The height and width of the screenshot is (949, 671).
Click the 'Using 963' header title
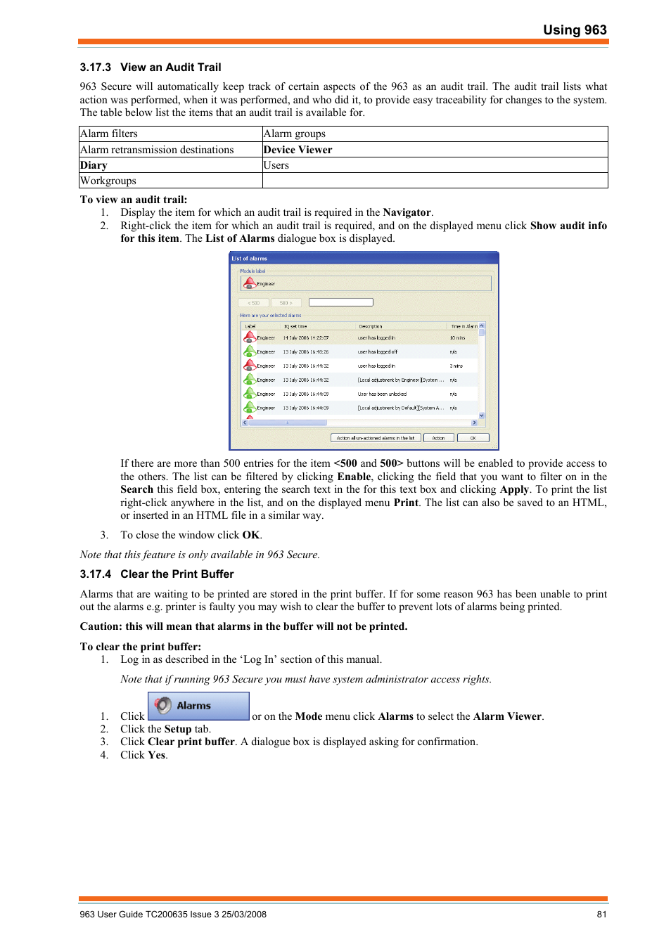574,30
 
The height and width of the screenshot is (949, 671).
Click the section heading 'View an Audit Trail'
170,67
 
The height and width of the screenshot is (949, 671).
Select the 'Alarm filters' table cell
109,134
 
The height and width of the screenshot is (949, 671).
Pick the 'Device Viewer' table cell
298,150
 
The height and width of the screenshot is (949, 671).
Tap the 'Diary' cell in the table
94,165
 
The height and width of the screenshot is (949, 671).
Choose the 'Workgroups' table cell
108,181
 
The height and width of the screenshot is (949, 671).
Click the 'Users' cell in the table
276,165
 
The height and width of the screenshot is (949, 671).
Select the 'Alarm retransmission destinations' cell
157,150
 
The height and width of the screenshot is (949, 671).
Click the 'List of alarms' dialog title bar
364,258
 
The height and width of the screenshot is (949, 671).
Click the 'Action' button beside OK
438,438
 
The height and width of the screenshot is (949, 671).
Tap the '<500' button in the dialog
254,303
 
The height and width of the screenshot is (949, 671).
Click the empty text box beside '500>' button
340,302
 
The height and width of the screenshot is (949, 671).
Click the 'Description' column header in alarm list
371,326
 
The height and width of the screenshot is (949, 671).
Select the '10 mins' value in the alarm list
457,338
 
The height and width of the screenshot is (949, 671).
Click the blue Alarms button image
198,706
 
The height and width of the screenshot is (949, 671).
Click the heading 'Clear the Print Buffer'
177,574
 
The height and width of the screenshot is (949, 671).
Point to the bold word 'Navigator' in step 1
407,212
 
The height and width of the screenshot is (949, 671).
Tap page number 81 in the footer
601,915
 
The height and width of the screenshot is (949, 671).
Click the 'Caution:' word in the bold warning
101,626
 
